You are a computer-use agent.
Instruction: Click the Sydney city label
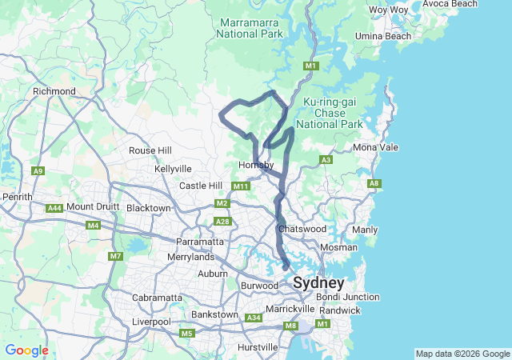pos(318,283)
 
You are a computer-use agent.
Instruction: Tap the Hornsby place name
pos(256,166)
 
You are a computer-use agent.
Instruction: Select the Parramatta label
pos(200,242)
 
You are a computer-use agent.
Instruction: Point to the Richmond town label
pos(54,92)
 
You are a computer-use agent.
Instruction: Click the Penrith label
pos(17,196)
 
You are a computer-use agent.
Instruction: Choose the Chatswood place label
pos(302,229)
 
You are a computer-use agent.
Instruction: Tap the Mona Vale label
pos(375,148)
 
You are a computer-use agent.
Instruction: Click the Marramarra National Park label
pos(249,28)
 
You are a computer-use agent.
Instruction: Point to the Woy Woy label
pos(389,10)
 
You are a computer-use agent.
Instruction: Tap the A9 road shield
pos(38,170)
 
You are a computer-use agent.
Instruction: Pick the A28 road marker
pos(222,222)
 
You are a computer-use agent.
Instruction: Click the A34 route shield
pos(254,318)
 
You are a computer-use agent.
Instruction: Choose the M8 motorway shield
pos(290,326)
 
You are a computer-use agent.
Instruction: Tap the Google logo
pos(26,350)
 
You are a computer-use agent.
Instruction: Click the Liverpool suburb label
pos(151,322)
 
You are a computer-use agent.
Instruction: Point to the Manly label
pos(364,230)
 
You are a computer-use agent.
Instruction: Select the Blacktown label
pos(149,208)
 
